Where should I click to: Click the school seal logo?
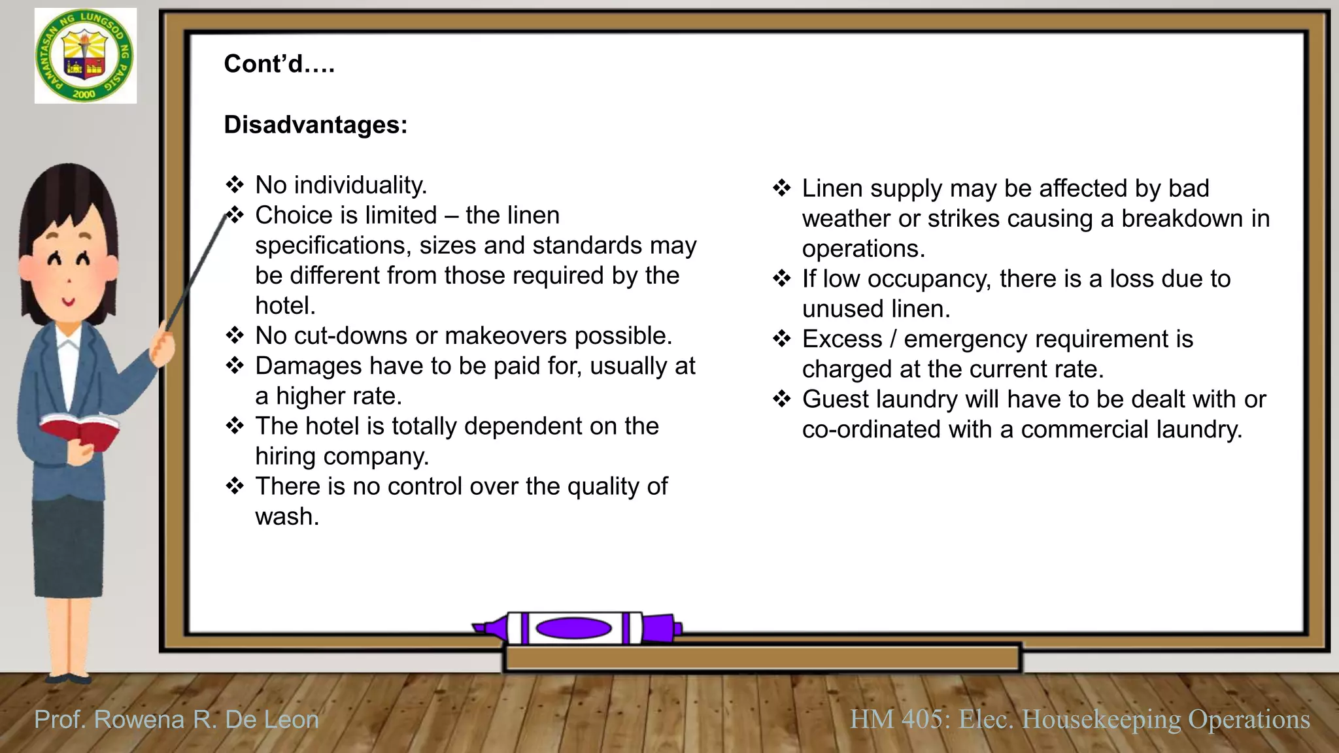(x=86, y=56)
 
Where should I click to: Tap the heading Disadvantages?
(x=315, y=125)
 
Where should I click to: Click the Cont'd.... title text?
(x=279, y=64)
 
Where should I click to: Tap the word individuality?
(x=360, y=186)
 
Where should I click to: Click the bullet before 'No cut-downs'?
(x=235, y=335)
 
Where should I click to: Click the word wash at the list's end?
(x=287, y=516)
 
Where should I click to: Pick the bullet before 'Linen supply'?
(x=782, y=188)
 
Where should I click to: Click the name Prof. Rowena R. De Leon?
(x=177, y=720)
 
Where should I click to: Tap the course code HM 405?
(x=896, y=719)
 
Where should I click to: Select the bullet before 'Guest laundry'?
(x=782, y=399)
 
